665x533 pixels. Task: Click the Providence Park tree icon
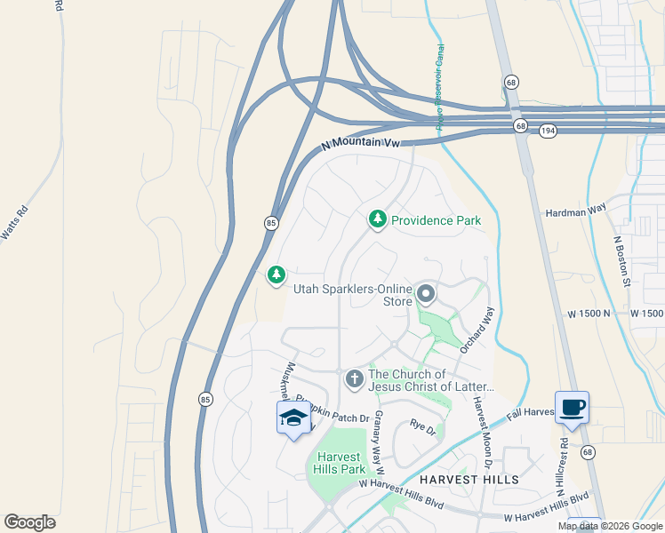coord(378,219)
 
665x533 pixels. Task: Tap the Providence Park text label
coord(436,220)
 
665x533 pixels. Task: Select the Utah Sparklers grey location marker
coord(426,293)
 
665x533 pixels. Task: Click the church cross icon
coord(354,379)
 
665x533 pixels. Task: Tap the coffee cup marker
coord(572,407)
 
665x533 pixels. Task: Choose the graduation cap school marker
coord(293,418)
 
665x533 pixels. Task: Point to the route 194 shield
coord(548,131)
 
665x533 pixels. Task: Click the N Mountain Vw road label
coord(362,143)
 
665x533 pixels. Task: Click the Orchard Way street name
coord(477,331)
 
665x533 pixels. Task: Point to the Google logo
coord(29,522)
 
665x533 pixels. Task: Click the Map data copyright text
coord(610,526)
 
